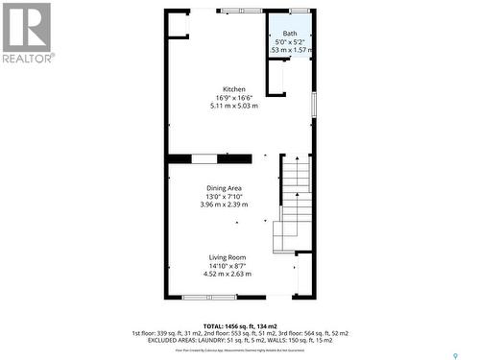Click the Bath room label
tap(290, 34)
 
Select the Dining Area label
tap(224, 188)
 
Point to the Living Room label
tap(228, 257)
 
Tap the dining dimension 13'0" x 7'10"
tap(224, 197)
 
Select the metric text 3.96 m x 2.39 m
tap(224, 204)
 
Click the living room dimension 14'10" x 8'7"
tap(228, 266)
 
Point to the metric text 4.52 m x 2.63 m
tap(228, 274)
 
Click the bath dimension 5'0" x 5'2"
tap(289, 42)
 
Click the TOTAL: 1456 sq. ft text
tap(240, 325)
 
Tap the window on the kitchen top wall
tap(241, 11)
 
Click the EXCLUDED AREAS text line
tap(240, 340)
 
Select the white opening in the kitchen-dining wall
tap(209, 158)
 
